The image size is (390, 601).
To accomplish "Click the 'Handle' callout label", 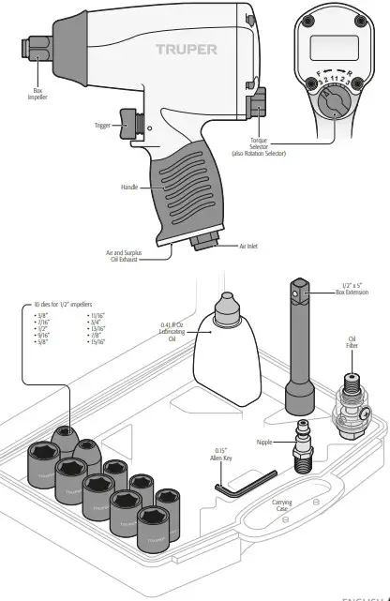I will click(129, 188).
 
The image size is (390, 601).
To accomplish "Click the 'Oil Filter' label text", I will click(352, 343).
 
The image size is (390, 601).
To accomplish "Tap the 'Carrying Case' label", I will click(282, 505).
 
